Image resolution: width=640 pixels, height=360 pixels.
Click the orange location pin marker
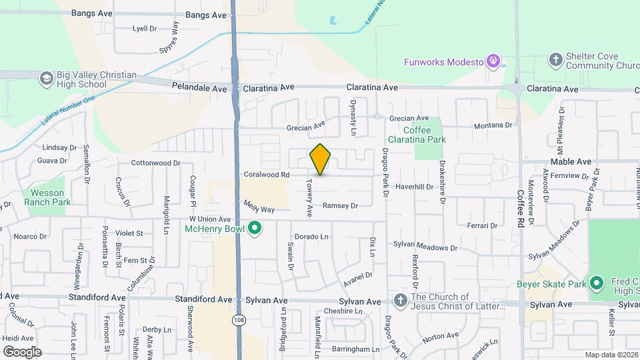pyautogui.click(x=321, y=159)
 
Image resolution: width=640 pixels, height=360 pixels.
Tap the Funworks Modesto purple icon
pyautogui.click(x=493, y=62)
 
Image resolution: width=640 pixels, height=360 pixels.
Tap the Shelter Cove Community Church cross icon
pyautogui.click(x=555, y=61)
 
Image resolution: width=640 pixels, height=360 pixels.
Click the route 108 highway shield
pyautogui.click(x=238, y=321)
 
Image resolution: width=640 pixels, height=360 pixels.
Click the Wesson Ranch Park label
pyautogui.click(x=43, y=197)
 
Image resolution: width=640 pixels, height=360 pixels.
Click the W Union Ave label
pyautogui.click(x=209, y=219)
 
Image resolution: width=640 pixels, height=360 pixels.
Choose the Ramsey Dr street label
pyautogui.click(x=340, y=206)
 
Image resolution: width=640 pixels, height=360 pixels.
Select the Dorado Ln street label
pyautogui.click(x=312, y=237)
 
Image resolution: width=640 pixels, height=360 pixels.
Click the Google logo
pyautogui.click(x=22, y=351)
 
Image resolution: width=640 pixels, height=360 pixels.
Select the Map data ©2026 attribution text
pyautogui.click(x=611, y=355)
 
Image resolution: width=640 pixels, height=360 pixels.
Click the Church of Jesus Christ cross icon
pyautogui.click(x=400, y=301)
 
